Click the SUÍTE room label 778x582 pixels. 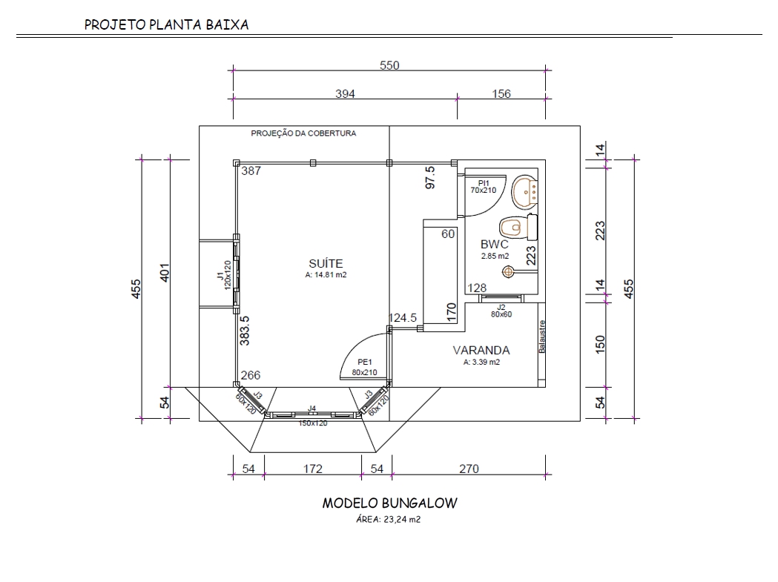tap(325, 263)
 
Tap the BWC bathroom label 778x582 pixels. tap(494, 244)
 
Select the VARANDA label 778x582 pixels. tap(481, 350)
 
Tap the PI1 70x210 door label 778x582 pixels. tap(483, 186)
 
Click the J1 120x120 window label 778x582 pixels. tap(223, 280)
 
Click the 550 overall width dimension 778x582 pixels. tap(389, 65)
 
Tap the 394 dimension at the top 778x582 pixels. tap(346, 94)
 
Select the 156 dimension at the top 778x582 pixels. tap(501, 94)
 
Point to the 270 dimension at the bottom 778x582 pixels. tap(469, 469)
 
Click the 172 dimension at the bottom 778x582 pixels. tap(312, 469)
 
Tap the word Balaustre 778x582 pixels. tap(542, 337)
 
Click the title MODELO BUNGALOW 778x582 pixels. tap(389, 503)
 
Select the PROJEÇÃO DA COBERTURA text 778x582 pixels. tap(303, 134)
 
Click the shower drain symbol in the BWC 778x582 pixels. tap(508, 272)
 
